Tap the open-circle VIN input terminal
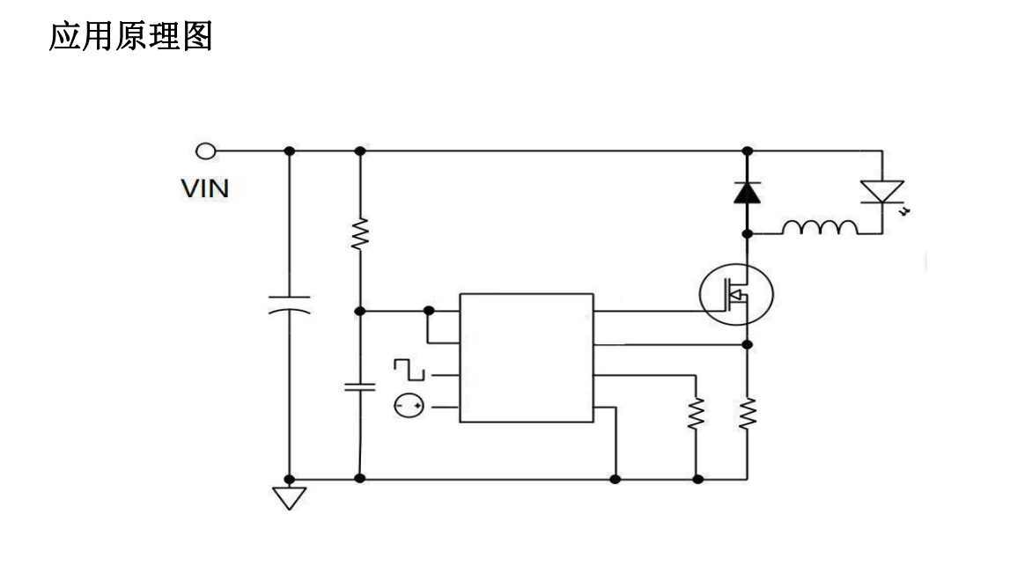205,151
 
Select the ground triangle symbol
289,497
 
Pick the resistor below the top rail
359,234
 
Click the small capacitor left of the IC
359,386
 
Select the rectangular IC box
527,357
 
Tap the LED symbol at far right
881,193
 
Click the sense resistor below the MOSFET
748,413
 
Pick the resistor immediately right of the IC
697,413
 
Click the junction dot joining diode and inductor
747,233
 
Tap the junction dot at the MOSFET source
747,344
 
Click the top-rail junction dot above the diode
747,151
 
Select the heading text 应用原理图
130,36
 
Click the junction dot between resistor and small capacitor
359,311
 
